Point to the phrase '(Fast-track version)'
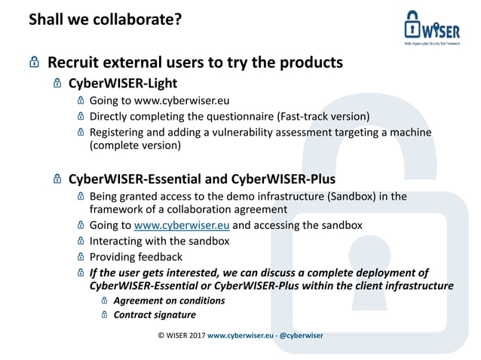point(323,116)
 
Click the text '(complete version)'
point(135,146)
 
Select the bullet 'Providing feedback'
point(136,257)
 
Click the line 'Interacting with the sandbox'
point(159,241)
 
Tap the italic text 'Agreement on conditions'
point(169,301)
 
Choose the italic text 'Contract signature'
point(154,315)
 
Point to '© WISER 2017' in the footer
point(181,335)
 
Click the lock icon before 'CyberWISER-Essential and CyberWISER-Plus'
point(57,179)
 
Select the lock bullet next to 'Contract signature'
point(105,315)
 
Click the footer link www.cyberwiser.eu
point(240,335)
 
